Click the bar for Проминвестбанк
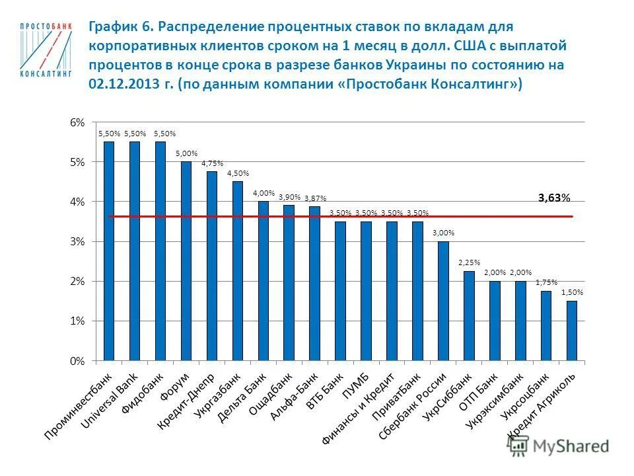click(x=109, y=251)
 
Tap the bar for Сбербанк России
click(x=443, y=301)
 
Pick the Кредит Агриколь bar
click(x=571, y=331)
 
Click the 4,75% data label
click(x=212, y=163)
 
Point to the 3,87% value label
click(x=315, y=198)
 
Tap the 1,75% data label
click(x=546, y=282)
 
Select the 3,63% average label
click(x=553, y=197)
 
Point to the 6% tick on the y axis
click(x=78, y=123)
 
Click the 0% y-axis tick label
click(x=78, y=361)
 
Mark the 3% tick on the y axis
click(x=78, y=242)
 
